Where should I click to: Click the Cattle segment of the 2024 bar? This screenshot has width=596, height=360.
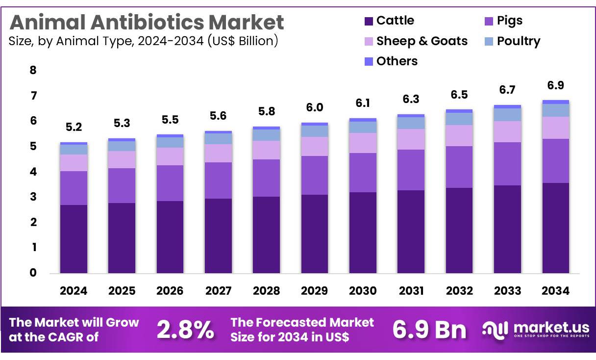(x=74, y=239)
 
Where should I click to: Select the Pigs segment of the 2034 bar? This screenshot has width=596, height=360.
(x=556, y=161)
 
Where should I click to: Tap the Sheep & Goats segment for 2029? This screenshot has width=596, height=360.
(x=315, y=146)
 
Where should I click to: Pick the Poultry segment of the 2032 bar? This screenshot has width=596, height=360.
(x=459, y=119)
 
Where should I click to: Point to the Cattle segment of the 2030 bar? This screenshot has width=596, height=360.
(x=363, y=232)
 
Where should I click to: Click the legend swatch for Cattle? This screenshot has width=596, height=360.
(x=369, y=21)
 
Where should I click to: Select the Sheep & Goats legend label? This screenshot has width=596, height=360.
(x=422, y=41)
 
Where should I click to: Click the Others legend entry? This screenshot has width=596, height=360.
(x=397, y=61)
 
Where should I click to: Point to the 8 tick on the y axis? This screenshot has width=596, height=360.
(x=33, y=70)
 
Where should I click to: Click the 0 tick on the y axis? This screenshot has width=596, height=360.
(x=33, y=273)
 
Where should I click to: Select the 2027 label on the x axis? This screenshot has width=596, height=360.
(x=218, y=291)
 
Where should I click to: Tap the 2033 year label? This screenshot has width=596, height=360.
(x=507, y=291)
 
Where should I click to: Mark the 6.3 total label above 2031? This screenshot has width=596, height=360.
(x=411, y=99)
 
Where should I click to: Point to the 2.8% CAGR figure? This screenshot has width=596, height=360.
(x=185, y=330)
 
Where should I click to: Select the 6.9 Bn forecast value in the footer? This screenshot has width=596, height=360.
(x=429, y=330)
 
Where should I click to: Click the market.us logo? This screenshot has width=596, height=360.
(x=536, y=329)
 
